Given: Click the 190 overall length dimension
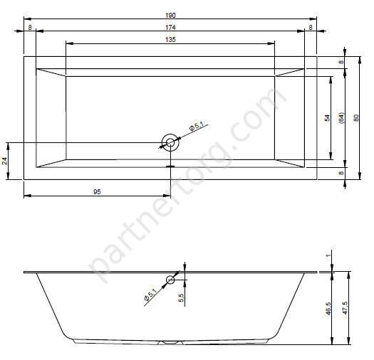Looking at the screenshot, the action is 170,16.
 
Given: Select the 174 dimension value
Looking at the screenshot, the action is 170,28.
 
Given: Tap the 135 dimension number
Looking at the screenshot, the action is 170,40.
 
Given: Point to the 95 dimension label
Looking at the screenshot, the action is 97,192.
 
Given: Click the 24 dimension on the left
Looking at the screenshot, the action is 4,161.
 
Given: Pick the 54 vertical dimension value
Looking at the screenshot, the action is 327,118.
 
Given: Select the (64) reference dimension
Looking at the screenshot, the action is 341,118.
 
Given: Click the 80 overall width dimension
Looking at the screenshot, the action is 355,118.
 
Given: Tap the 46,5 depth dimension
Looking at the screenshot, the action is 328,309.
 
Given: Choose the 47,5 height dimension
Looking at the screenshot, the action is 345,308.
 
